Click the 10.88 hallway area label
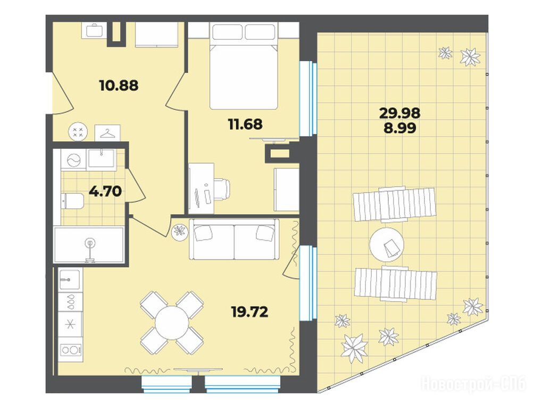pyautogui.click(x=119, y=86)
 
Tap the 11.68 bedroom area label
pyautogui.click(x=245, y=124)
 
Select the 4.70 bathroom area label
pyautogui.click(x=105, y=191)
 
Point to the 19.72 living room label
pyautogui.click(x=249, y=311)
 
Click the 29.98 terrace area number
pyautogui.click(x=400, y=113)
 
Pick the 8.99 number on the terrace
pyautogui.click(x=400, y=128)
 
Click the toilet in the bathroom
pyautogui.click(x=72, y=201)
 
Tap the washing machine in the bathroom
pyautogui.click(x=73, y=160)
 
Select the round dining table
pyautogui.click(x=172, y=322)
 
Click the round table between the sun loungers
pyautogui.click(x=387, y=244)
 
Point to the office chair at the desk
pyautogui.click(x=222, y=189)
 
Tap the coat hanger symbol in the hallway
pyautogui.click(x=107, y=133)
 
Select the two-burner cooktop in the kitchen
pyautogui.click(x=71, y=350)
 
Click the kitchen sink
pyautogui.click(x=70, y=279)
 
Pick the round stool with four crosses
pyautogui.click(x=78, y=132)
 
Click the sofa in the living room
pyautogui.click(x=234, y=239)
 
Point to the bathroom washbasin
pyautogui.click(x=102, y=158)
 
